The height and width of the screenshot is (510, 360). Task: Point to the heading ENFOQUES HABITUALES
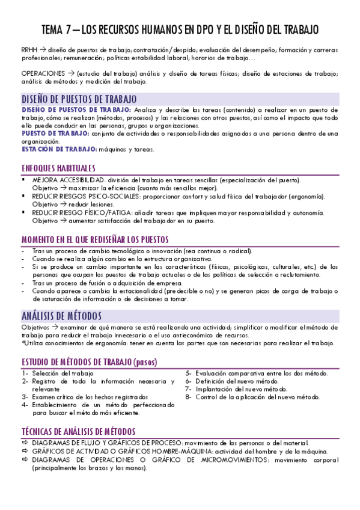point(58,168)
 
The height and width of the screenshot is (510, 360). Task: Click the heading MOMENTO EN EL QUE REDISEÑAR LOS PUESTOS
point(95,239)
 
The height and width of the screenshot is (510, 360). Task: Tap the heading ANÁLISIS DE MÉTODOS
point(61,316)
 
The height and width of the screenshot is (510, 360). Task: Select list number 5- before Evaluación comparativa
point(189,373)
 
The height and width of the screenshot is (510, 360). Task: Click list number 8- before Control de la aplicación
point(189,397)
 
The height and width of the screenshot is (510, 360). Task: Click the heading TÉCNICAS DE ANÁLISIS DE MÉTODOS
point(78,431)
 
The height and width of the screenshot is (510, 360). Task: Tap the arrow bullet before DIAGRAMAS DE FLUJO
point(25,443)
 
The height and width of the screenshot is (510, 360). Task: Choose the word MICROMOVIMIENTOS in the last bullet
point(227,459)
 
